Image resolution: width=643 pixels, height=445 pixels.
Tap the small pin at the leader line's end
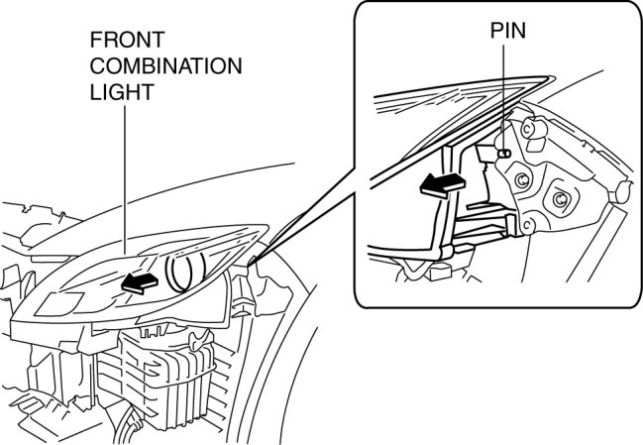pos(504,154)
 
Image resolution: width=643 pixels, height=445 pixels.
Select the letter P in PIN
pos(494,30)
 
